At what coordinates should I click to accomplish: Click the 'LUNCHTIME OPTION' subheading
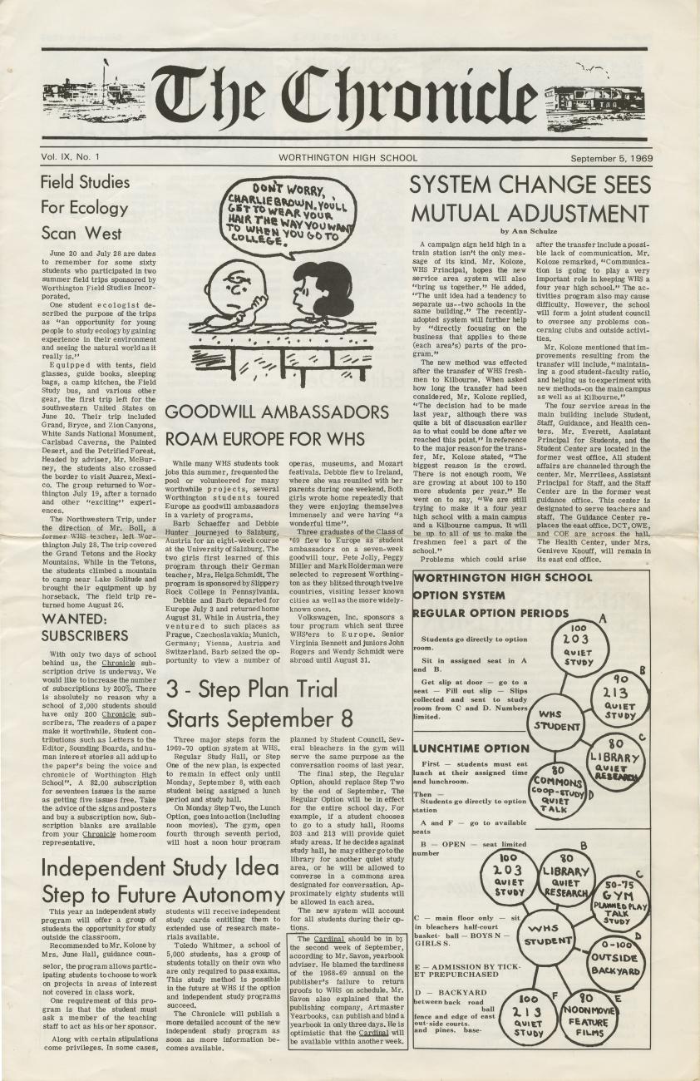coord(471,749)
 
